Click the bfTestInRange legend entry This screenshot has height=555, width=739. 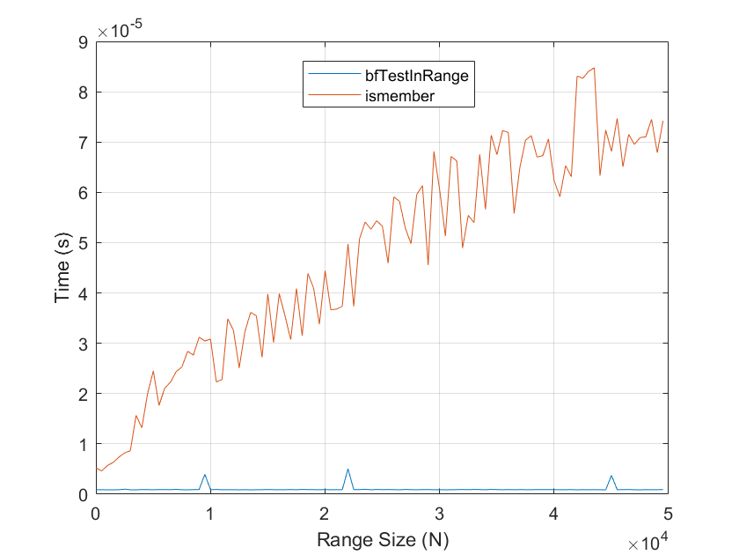[x=416, y=76]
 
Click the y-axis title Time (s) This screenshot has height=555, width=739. [x=62, y=268]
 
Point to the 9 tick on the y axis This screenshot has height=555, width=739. [x=83, y=42]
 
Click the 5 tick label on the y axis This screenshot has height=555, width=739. [x=83, y=243]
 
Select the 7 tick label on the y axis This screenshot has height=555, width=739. [x=83, y=143]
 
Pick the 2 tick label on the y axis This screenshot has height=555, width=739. [x=83, y=394]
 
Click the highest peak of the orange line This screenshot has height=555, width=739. [x=594, y=68]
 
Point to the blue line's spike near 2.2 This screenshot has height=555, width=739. [x=348, y=470]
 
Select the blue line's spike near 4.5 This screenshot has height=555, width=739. [x=611, y=476]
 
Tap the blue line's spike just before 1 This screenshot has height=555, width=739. [x=205, y=475]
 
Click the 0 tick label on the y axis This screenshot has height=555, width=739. [x=83, y=494]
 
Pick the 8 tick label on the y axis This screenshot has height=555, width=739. [x=83, y=92]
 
